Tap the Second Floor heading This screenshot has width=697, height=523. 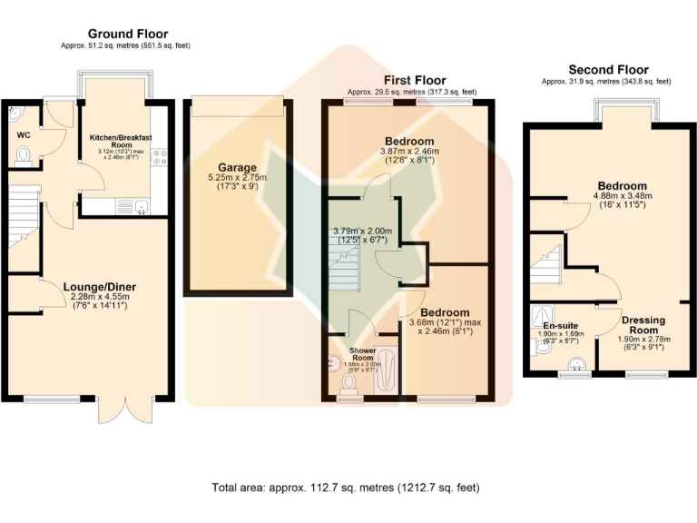[x=608, y=69]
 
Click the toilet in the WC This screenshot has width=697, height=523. [x=24, y=155]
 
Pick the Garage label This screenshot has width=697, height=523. [x=237, y=168]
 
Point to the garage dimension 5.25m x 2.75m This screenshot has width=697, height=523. [x=237, y=179]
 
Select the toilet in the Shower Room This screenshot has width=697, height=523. [x=348, y=386]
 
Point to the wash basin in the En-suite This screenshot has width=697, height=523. [x=575, y=365]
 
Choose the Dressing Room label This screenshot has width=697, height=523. [x=643, y=325]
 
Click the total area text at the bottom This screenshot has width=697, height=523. [x=346, y=488]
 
